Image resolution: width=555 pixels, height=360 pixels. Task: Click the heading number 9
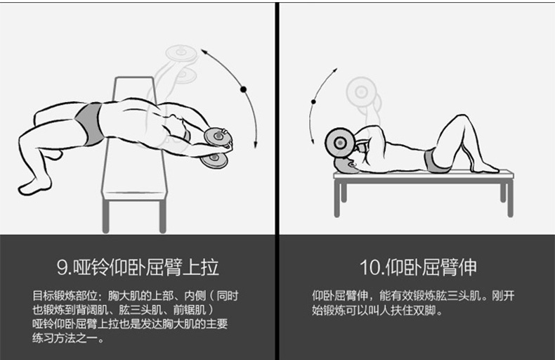(x=63, y=267)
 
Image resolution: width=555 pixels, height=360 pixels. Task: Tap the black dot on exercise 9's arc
(x=243, y=89)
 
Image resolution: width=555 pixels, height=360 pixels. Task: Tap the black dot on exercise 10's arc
(x=313, y=102)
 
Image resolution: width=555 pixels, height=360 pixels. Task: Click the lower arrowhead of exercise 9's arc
(x=255, y=144)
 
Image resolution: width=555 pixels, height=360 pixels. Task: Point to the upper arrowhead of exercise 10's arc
(x=335, y=71)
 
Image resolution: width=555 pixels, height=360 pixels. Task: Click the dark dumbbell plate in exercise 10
(x=340, y=143)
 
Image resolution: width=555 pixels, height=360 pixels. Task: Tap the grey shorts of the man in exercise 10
(x=435, y=161)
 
